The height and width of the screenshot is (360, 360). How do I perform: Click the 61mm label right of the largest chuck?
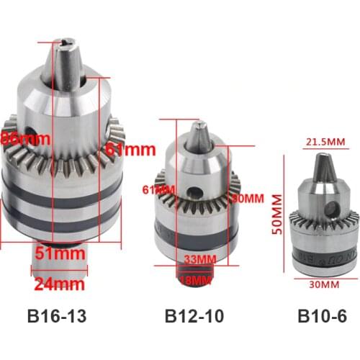click(x=130, y=150)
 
